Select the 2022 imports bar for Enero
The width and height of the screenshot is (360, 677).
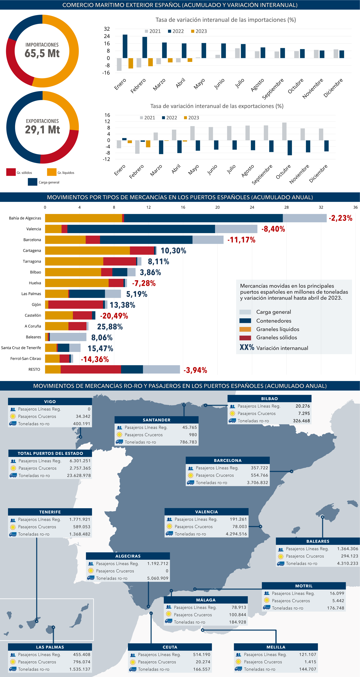[x=125, y=46]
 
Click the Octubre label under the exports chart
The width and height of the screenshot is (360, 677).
[x=283, y=172]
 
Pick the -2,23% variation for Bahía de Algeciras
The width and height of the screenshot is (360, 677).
[x=340, y=218]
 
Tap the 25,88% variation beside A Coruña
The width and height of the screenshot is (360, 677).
[x=110, y=327]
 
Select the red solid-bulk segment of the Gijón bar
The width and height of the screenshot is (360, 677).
[x=76, y=305]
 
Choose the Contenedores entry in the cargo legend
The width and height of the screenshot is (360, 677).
[x=273, y=321]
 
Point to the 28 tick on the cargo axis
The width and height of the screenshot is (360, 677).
[x=286, y=207]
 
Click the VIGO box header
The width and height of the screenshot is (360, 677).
[x=50, y=402]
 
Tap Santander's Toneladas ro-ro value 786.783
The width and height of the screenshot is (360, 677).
[x=188, y=442]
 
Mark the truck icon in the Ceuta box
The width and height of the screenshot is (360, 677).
[x=133, y=669]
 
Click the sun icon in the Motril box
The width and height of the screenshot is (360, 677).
[x=267, y=601]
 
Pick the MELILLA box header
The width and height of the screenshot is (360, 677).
[x=276, y=647]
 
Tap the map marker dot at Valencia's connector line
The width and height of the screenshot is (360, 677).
[x=260, y=526]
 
